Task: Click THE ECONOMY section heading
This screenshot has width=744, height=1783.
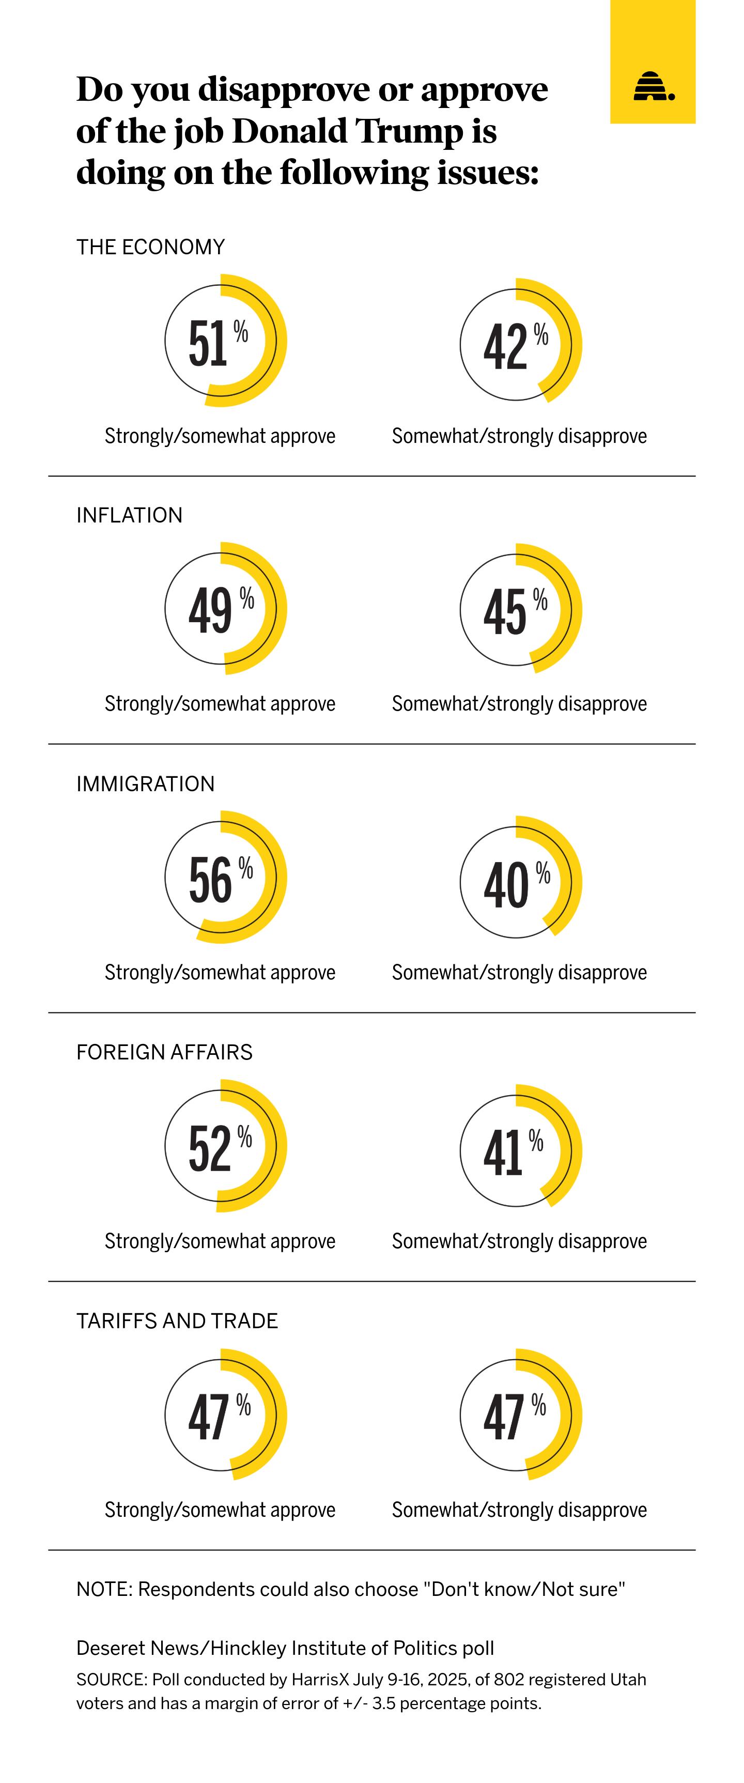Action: click(150, 247)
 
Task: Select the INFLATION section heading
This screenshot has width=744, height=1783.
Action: click(129, 515)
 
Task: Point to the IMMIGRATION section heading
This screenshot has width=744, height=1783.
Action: click(145, 783)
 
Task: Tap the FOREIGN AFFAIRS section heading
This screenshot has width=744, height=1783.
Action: click(164, 1052)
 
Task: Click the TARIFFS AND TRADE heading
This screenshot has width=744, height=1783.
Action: click(177, 1320)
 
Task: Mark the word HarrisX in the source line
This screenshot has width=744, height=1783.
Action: click(320, 1680)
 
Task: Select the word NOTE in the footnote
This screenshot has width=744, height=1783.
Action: click(104, 1589)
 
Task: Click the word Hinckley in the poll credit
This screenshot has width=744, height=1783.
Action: click(248, 1649)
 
